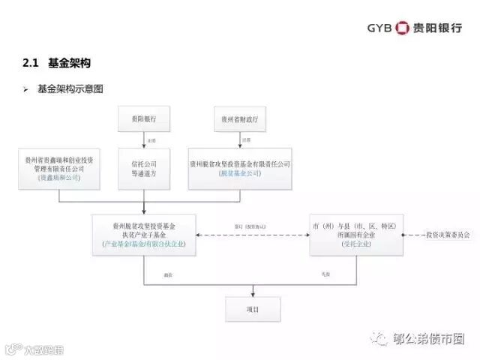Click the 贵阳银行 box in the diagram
(143, 118)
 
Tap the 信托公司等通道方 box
(143, 167)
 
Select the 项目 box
(253, 308)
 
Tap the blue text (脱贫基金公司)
(240, 173)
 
